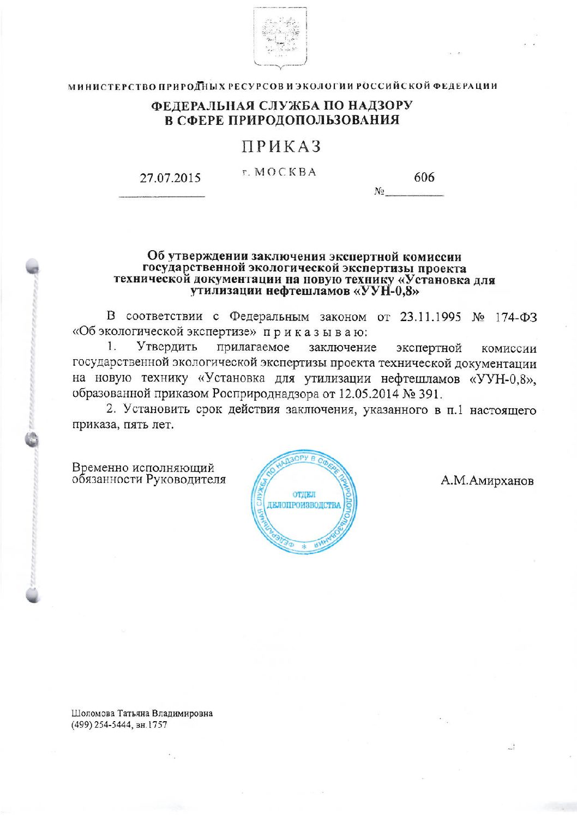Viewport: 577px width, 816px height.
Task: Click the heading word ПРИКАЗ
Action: click(x=281, y=147)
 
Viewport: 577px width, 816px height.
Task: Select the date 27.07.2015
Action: click(x=170, y=178)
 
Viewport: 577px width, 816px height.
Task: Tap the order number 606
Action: click(x=424, y=177)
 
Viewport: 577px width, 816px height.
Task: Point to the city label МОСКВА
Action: click(x=285, y=172)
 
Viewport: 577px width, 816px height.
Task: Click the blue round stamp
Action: click(x=304, y=502)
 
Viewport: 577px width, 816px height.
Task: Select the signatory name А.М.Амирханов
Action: click(x=487, y=481)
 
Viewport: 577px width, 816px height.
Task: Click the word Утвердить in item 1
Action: click(x=167, y=348)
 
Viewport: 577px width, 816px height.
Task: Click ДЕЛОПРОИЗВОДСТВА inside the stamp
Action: click(x=304, y=505)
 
